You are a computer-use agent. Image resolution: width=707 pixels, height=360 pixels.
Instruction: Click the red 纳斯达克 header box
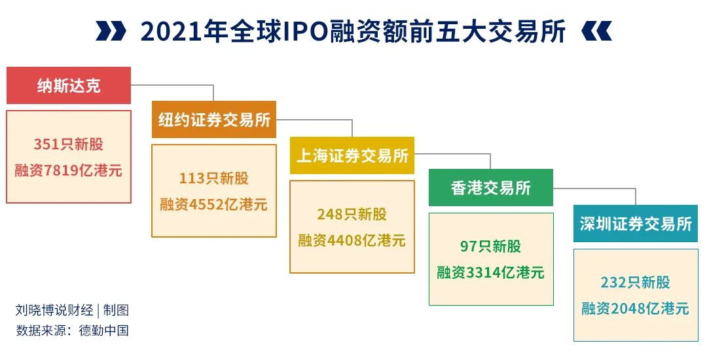(x=69, y=86)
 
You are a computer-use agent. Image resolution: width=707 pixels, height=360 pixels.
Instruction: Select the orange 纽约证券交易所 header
(x=214, y=120)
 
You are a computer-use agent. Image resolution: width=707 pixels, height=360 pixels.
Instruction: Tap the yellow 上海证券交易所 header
(x=352, y=156)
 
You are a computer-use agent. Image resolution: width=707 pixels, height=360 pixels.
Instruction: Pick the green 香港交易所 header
(x=491, y=188)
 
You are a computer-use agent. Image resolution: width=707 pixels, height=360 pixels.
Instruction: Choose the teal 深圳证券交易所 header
(x=636, y=224)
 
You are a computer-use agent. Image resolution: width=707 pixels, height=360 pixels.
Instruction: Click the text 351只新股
(x=69, y=145)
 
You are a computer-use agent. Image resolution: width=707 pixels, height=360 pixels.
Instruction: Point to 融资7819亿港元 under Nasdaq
(x=69, y=171)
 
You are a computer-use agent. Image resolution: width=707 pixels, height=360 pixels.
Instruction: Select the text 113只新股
(x=214, y=178)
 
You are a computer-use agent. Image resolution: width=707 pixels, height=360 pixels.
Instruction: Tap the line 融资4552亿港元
(x=214, y=204)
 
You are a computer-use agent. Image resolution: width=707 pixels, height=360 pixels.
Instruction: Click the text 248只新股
(x=352, y=214)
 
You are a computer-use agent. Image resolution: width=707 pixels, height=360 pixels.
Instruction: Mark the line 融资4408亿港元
(x=352, y=240)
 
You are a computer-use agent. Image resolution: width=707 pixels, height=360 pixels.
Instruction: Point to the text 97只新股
(x=491, y=246)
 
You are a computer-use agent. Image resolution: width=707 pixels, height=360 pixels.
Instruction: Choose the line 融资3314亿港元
(x=491, y=272)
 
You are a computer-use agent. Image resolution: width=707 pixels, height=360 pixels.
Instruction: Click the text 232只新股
(x=636, y=282)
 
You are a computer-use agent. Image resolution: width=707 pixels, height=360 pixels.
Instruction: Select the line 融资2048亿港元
(x=636, y=308)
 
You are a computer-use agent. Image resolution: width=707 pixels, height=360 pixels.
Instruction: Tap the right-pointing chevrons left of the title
(x=109, y=31)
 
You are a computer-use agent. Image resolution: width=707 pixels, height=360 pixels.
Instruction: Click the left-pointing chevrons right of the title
(x=596, y=31)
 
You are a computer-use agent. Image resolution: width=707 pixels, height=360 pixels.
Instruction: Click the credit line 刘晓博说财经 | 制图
(x=72, y=310)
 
